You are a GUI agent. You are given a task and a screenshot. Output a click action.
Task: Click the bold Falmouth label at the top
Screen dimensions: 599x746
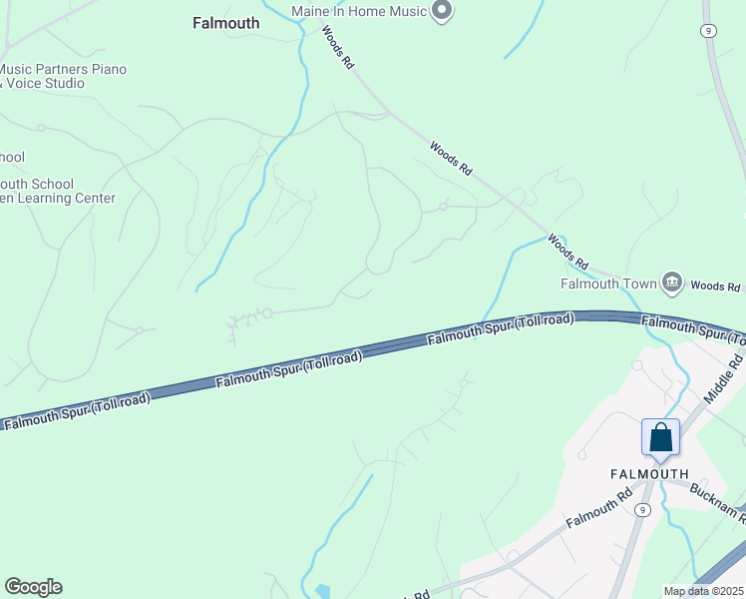(x=226, y=23)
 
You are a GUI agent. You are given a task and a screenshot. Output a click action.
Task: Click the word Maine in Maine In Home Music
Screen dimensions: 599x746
(x=311, y=12)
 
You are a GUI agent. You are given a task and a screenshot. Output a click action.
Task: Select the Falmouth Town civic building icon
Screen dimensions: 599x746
(x=672, y=284)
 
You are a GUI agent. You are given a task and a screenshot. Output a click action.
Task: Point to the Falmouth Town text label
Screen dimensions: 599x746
(x=608, y=284)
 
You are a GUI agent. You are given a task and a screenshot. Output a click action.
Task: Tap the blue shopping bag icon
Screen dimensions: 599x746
(x=660, y=437)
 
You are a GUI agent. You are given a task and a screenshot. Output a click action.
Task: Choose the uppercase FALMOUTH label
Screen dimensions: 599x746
(x=649, y=473)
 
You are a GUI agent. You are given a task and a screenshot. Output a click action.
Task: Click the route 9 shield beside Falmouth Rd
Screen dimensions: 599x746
(x=644, y=509)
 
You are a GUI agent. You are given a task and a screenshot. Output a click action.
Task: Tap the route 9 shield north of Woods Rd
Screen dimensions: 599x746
(x=707, y=31)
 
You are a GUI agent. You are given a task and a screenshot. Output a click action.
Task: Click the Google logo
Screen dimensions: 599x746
(x=33, y=587)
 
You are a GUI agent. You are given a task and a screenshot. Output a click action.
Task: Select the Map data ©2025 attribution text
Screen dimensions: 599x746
(x=703, y=591)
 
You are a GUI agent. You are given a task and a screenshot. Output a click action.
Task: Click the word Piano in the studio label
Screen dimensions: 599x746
(x=106, y=69)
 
